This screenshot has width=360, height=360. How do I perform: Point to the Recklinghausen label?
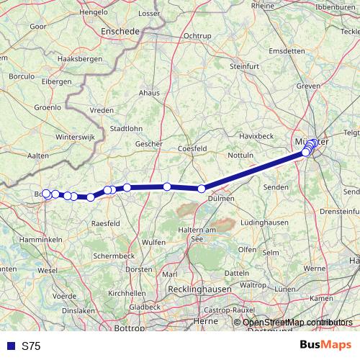tap(194, 289)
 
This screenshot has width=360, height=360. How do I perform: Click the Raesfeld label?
tap(105, 224)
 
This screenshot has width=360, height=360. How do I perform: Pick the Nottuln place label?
tap(240, 156)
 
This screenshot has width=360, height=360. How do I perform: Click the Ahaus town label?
tap(149, 93)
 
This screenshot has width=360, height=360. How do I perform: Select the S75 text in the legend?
tap(31, 346)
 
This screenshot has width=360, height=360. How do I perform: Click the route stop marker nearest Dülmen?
tap(202, 189)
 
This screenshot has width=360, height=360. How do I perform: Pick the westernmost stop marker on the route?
tap(47, 193)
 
